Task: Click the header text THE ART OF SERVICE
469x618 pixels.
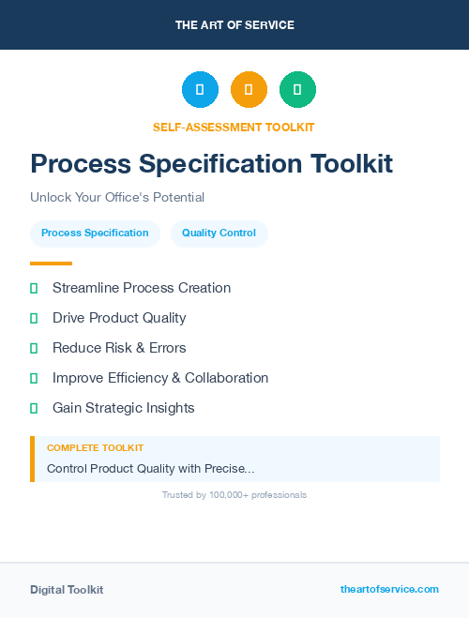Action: pos(234,25)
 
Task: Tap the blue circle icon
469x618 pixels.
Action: pos(200,89)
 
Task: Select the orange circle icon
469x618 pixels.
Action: pos(249,89)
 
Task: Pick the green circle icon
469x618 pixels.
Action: pos(297,89)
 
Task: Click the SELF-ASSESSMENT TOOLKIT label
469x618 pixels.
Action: pos(234,127)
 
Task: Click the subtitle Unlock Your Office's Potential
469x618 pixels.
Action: pos(117,198)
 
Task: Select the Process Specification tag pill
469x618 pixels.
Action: pos(95,234)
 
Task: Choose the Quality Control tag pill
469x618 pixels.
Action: pos(219,234)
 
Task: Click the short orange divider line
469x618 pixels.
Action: pos(51,264)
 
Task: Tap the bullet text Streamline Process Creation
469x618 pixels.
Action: pos(142,288)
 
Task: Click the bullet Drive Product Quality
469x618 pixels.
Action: pos(119,318)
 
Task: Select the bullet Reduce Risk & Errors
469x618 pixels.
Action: pos(119,348)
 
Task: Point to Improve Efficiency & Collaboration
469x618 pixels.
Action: pos(160,378)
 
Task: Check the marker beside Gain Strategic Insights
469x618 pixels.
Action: pos(34,408)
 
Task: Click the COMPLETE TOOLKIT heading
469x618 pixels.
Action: pos(95,448)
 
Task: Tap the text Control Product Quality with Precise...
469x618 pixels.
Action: pos(150,468)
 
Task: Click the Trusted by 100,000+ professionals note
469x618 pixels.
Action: pos(234,494)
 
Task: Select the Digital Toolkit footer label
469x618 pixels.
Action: pos(67,590)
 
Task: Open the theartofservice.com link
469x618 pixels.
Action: pos(389,589)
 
